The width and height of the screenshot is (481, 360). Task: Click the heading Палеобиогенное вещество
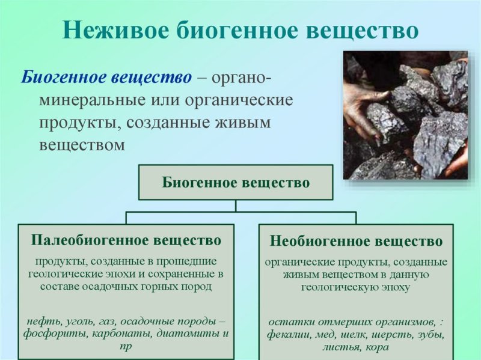126,240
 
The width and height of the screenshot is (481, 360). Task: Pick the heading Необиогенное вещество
357,242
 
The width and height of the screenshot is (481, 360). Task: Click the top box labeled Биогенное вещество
236,182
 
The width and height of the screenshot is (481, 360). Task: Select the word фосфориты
52,333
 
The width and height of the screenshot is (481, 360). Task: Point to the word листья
340,347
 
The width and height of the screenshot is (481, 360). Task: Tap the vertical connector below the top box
236,206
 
